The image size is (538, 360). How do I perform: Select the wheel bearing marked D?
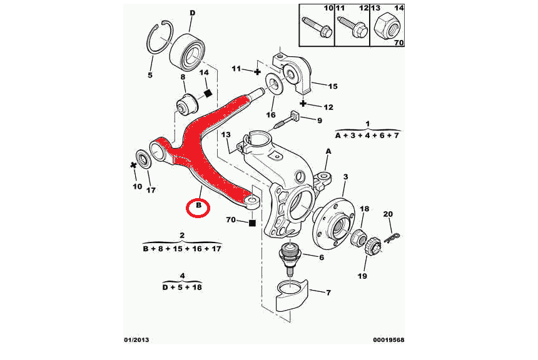pyautogui.click(x=190, y=50)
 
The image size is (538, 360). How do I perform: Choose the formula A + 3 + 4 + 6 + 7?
pyautogui.click(x=368, y=135)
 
